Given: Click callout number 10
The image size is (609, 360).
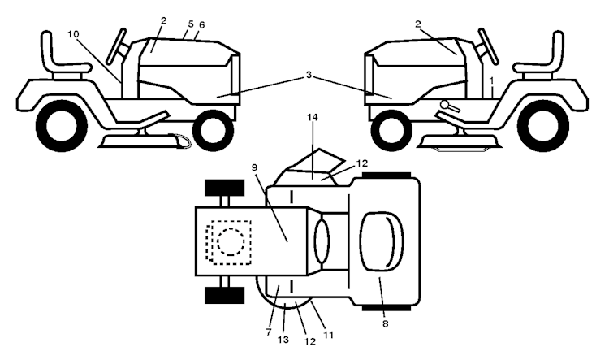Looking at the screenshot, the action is click(73, 34).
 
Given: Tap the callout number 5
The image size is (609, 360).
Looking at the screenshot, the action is click(190, 24).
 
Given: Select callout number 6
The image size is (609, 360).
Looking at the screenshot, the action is click(201, 25).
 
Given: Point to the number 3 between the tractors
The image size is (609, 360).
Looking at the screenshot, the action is click(309, 75).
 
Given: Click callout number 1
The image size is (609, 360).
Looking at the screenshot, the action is click(492, 81).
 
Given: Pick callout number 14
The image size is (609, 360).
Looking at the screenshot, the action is click(313, 117).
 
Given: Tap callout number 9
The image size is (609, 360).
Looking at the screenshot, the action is click(254, 167).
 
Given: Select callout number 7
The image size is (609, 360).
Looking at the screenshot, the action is click(269, 332).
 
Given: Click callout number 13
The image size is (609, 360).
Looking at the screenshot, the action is click(283, 340).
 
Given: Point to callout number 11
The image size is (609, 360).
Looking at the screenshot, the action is click(329, 335).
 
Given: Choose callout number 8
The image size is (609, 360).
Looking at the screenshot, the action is click(385, 324).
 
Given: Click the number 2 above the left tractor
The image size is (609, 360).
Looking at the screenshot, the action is click(163, 20).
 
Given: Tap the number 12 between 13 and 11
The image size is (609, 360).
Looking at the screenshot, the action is click(310, 342).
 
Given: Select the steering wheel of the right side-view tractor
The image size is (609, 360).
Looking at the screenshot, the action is click(488, 46).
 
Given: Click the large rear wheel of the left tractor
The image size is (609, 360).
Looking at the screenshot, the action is click(61, 125).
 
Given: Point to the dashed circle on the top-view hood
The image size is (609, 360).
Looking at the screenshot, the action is click(231, 242).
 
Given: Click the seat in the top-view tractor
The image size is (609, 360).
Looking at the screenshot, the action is click(382, 241).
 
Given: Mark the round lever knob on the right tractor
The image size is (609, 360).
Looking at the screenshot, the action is click(445, 104).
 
